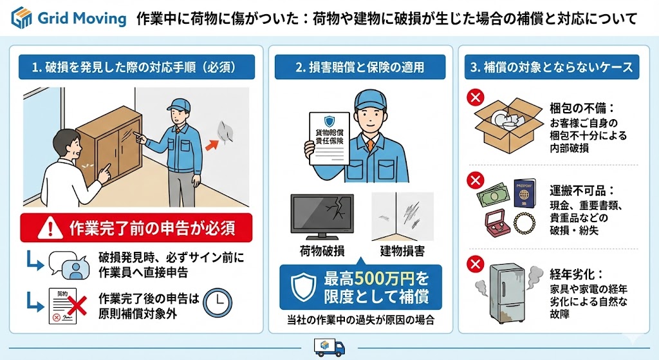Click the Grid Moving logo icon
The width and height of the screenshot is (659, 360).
coord(21,17)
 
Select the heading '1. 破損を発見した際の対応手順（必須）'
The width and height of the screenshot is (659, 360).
coord(136,67)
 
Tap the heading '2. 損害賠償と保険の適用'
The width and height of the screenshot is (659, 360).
coord(360,67)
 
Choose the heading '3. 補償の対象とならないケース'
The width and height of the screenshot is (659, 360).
coord(552,67)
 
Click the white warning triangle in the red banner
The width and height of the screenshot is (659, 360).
coord(50,227)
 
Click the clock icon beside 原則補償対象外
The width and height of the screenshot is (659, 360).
coord(218,302)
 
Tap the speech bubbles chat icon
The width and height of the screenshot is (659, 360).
coord(70,265)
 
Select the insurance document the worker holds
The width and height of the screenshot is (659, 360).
coord(329,138)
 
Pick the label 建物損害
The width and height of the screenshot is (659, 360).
coord(402,251)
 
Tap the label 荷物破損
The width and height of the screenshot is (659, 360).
coord(322,251)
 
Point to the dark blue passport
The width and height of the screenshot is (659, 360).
coord(524,193)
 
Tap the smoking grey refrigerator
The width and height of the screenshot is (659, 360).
coord(508,293)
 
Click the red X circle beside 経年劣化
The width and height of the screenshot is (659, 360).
coord(476,265)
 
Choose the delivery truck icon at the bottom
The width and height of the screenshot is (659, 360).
coord(329,347)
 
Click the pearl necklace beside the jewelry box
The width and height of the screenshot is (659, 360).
coord(524,223)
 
